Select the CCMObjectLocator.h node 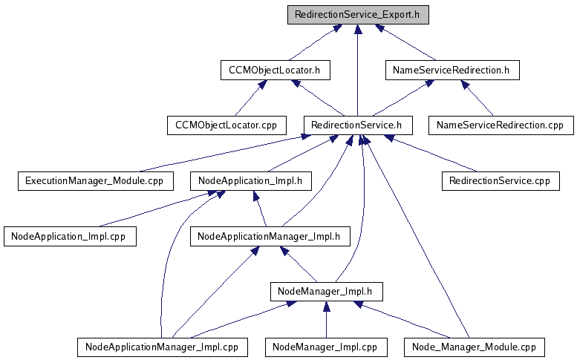tap(275, 71)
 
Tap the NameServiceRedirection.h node tap(452, 71)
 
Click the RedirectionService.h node tap(358, 125)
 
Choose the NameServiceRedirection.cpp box tap(501, 125)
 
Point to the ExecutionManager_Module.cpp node tap(95, 180)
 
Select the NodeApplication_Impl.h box tap(250, 180)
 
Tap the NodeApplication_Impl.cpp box tap(70, 237)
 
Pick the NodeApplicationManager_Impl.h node tap(270, 237)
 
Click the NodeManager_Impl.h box tap(325, 291)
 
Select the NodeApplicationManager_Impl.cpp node tap(161, 347)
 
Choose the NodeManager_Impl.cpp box tap(325, 347)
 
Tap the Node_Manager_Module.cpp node tap(474, 347)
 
